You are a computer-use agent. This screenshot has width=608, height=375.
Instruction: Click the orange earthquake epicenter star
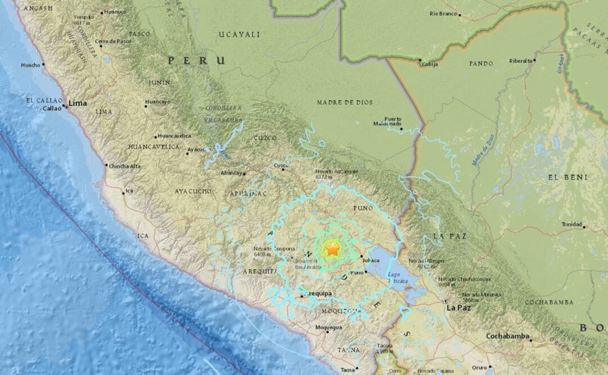point(332,248)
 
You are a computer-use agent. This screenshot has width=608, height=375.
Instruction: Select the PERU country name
point(196,60)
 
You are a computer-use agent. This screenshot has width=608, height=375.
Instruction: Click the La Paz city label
point(458,308)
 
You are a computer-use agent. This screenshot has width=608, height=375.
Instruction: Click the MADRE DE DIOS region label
point(343,102)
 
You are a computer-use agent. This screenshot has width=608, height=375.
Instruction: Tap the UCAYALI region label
point(239,34)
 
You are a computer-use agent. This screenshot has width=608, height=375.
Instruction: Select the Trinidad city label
point(571,224)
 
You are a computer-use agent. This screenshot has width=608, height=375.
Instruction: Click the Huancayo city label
point(157,102)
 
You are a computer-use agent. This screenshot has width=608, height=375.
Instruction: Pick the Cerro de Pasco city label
point(113,41)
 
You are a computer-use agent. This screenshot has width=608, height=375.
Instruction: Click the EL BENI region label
point(568,177)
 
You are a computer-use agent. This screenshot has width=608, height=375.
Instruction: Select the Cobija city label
point(430,64)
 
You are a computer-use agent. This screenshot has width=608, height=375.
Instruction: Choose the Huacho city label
point(30,65)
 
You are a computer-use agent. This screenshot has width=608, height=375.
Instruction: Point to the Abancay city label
point(231,173)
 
